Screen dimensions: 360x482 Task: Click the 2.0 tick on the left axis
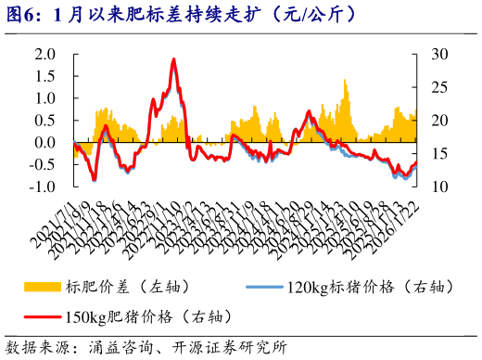coord(45,54)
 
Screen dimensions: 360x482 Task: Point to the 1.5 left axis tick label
coord(45,76)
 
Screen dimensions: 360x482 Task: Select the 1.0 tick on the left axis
coord(45,98)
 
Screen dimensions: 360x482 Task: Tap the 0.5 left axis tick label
coord(45,121)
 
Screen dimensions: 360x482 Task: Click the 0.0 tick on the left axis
coord(45,143)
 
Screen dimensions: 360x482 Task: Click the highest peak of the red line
coord(173,59)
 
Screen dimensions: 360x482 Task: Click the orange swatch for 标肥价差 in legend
coord(43,287)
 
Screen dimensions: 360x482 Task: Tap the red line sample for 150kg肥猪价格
coord(43,316)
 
